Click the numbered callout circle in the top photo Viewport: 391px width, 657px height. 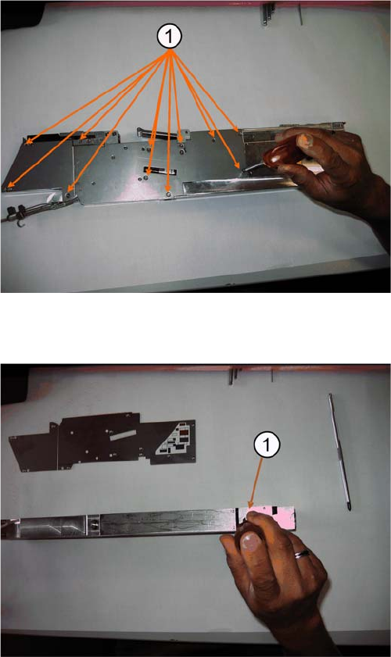(x=169, y=37)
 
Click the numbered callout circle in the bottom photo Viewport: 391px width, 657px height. (x=267, y=445)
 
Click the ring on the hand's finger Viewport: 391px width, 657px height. (x=303, y=555)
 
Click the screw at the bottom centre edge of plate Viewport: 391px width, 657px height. (x=168, y=195)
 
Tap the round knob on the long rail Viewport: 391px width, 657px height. (x=94, y=523)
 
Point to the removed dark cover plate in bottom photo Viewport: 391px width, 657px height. (x=102, y=442)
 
